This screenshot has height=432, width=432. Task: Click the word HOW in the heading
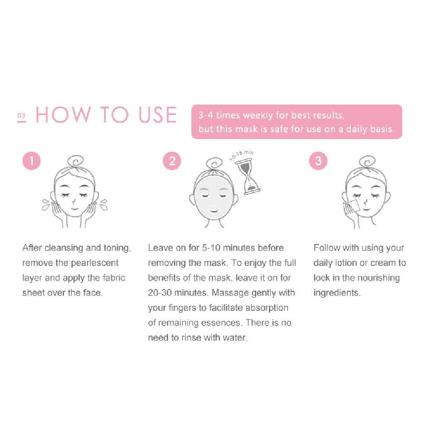64,114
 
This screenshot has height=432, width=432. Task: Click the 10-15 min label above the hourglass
242,156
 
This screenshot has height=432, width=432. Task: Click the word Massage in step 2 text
230,293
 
